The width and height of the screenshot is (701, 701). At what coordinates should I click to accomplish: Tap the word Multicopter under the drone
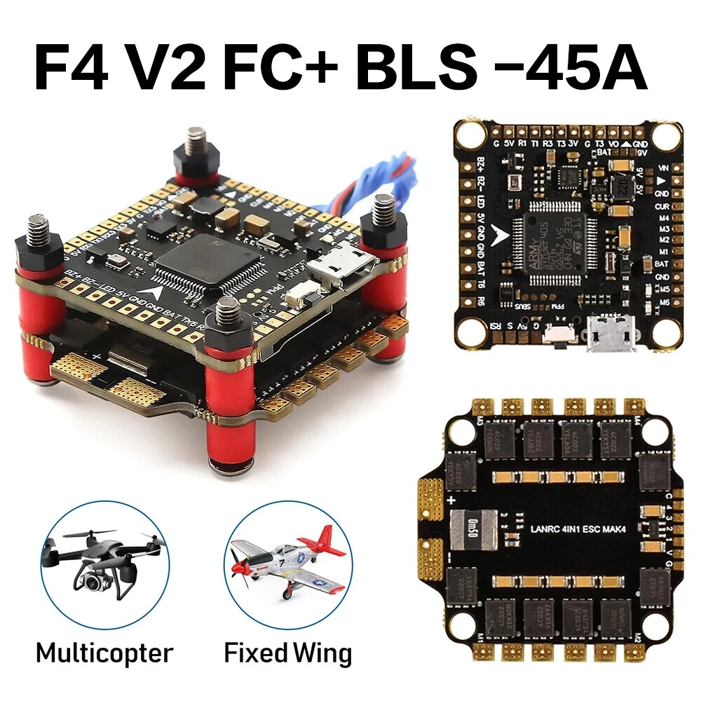tap(104, 653)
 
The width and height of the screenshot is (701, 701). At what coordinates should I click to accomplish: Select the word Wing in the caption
tap(318, 653)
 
